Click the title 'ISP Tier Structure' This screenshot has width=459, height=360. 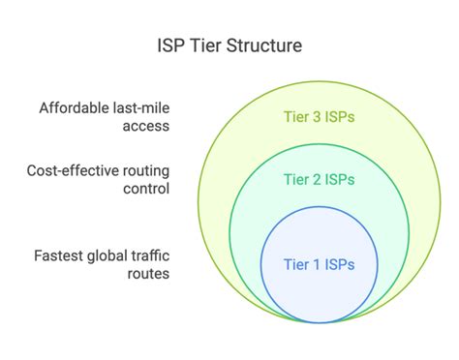[x=229, y=45]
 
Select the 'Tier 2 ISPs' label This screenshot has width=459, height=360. [x=319, y=178]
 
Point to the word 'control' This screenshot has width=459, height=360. [x=144, y=189]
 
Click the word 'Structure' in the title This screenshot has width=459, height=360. [x=263, y=45]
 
